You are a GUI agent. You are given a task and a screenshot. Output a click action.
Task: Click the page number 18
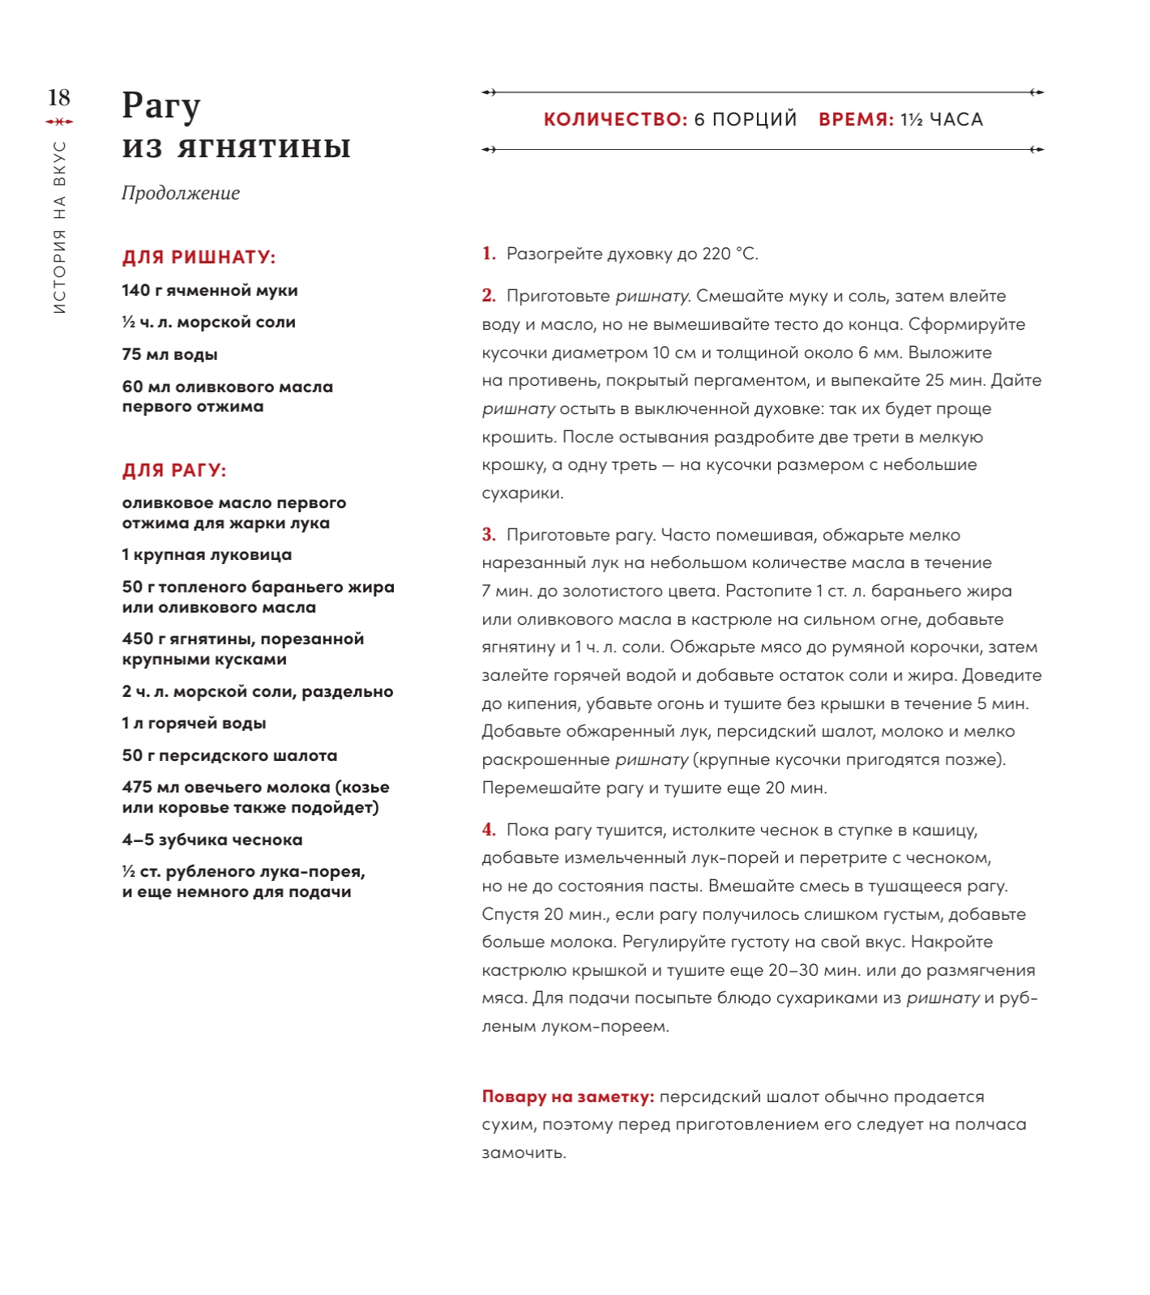pos(59,98)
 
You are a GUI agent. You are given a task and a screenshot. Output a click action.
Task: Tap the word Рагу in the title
pos(160,106)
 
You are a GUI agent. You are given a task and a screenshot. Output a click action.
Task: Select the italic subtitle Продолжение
pos(181,193)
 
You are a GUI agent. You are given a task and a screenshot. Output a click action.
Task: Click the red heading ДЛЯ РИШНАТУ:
pos(199,258)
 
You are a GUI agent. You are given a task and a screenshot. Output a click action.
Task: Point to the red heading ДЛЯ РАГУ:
pos(174,471)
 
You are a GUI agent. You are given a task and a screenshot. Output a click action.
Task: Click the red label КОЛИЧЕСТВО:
pos(615,120)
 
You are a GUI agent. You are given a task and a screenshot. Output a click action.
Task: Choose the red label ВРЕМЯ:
pos(856,120)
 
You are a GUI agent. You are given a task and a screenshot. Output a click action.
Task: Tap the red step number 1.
pos(488,254)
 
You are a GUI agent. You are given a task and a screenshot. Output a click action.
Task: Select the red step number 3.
pos(488,535)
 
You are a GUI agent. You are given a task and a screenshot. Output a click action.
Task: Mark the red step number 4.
pos(488,830)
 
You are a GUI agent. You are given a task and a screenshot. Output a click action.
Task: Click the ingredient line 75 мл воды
pos(169,355)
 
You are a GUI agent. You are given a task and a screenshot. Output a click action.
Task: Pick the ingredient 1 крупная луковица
pos(207,555)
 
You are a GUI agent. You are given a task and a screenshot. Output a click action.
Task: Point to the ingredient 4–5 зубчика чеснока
pos(212,840)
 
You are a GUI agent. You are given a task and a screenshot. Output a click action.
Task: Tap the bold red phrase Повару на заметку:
pos(567,1097)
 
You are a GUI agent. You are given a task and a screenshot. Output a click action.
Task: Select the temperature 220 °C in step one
pos(729,254)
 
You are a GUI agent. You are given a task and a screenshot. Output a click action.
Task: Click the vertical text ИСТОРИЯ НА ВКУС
pos(59,228)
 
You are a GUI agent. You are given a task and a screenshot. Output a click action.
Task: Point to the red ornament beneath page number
pos(59,122)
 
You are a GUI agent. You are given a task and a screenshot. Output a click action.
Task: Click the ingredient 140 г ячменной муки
pos(210,291)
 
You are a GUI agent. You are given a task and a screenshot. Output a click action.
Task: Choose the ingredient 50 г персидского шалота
pos(229,756)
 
